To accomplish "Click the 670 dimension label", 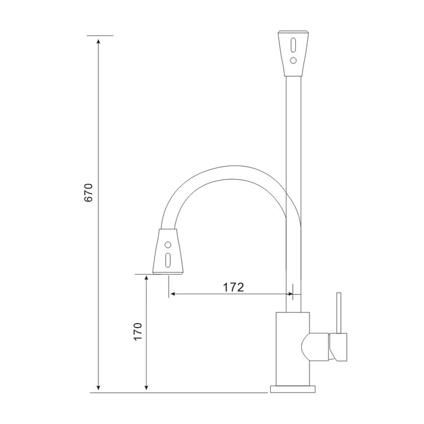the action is (89, 192).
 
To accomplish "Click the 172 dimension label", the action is (233, 287).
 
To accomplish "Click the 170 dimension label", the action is (138, 332).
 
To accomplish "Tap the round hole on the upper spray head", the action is (293, 60).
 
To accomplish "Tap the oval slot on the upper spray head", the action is (293, 45).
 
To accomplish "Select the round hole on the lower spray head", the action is (168, 245).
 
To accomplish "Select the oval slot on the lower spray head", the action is (168, 260).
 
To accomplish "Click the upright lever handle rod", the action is (339, 313).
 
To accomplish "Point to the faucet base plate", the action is (293, 389).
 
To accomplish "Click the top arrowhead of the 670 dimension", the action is (98, 41).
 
